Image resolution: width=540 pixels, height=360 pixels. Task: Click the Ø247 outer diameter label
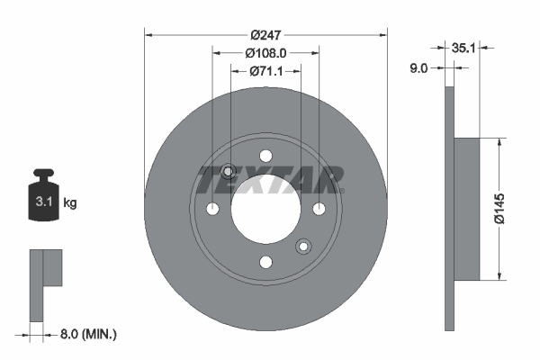tap(265, 34)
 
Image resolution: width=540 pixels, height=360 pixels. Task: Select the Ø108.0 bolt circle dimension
tap(265, 52)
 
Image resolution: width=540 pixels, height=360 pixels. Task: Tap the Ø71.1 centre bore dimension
tap(265, 70)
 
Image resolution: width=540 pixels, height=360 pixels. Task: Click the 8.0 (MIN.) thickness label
tap(86, 334)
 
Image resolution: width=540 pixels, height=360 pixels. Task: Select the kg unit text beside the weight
tap(70, 202)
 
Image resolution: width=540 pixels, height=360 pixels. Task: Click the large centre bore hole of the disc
tap(265, 209)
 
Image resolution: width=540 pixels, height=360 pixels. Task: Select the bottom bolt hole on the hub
tap(265, 262)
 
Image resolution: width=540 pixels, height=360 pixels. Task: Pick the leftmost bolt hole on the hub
tap(212, 209)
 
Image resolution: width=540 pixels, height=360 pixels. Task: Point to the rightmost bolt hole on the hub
tap(319, 209)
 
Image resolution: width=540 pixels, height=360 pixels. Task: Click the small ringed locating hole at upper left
tap(229, 172)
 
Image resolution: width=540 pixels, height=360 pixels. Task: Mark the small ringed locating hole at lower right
tap(303, 245)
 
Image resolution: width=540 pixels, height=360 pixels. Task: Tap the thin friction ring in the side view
tap(451, 209)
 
